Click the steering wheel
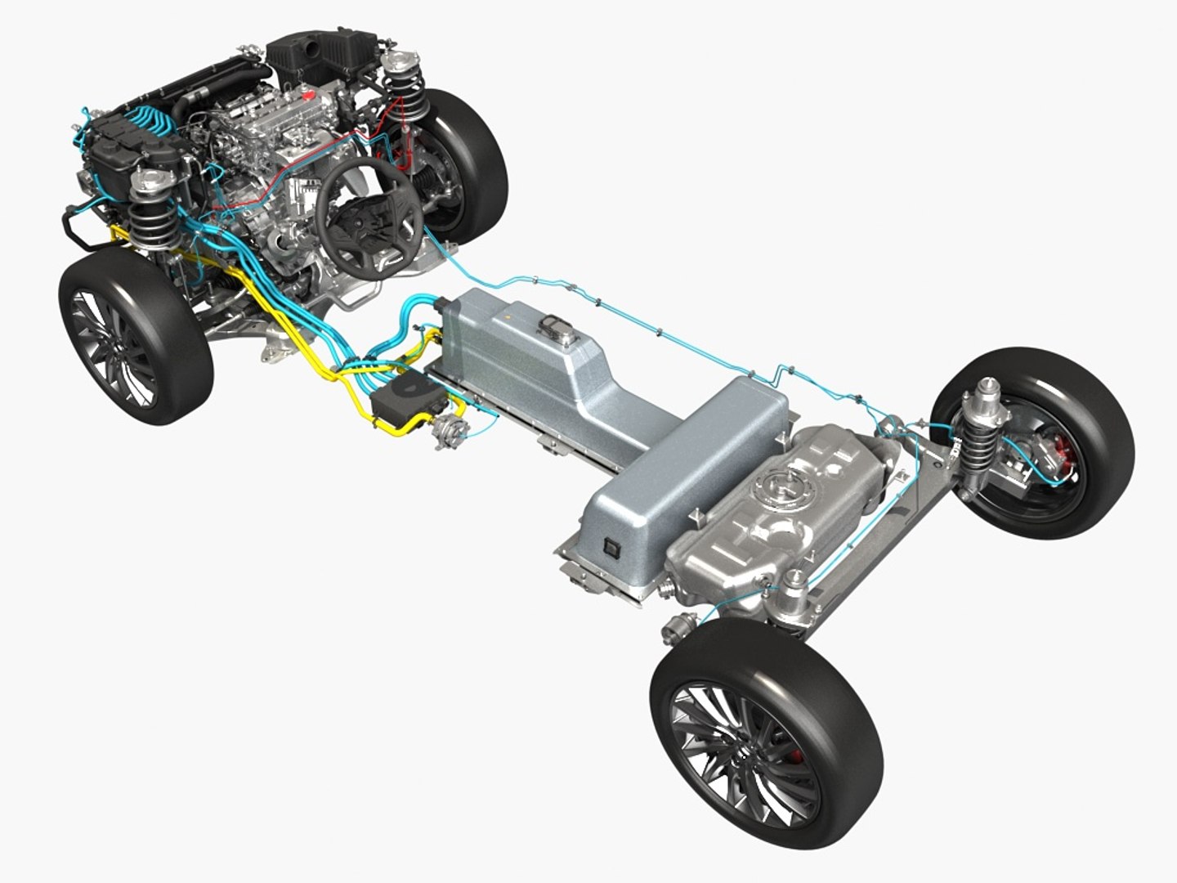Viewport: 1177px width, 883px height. pos(369,214)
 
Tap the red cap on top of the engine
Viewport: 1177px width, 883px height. pos(308,96)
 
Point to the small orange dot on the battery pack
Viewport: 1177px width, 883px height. pos(510,312)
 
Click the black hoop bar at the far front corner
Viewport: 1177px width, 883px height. pos(78,229)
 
